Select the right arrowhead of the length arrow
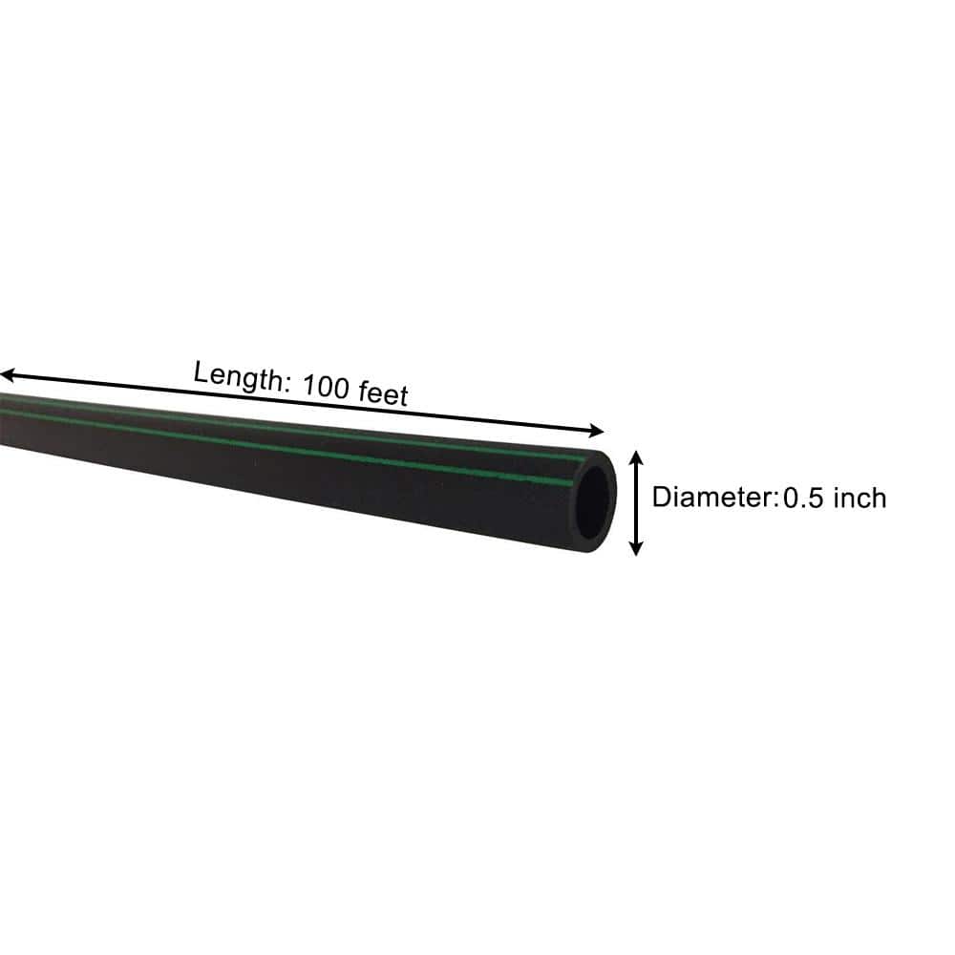pos(596,431)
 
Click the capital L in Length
pos(202,371)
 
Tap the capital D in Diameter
pos(662,497)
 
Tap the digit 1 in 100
pos(308,384)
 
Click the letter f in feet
pos(364,390)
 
